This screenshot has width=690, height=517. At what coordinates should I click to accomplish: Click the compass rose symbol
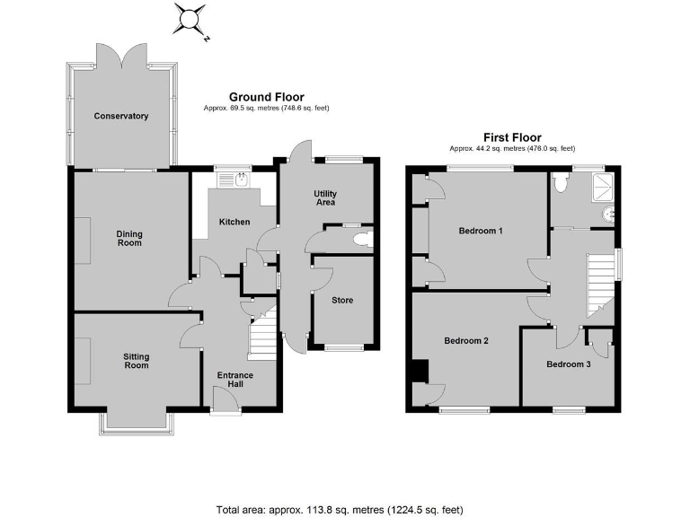click(x=190, y=18)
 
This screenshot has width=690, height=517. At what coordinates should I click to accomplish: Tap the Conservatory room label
click(x=121, y=116)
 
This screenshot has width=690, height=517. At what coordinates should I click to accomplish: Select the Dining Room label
click(x=129, y=239)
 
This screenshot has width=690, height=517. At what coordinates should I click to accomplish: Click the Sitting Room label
click(x=136, y=361)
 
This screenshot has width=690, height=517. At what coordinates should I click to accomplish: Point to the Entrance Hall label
click(x=235, y=380)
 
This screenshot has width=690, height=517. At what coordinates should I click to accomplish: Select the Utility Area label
click(x=325, y=197)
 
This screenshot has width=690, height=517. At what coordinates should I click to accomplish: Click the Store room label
click(x=342, y=300)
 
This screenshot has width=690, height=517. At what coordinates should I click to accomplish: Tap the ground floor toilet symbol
click(x=363, y=239)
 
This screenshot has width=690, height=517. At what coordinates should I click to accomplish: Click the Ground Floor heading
click(x=266, y=97)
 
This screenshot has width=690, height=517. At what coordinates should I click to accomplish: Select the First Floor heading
click(x=512, y=137)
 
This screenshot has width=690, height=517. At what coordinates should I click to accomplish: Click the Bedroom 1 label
click(x=481, y=231)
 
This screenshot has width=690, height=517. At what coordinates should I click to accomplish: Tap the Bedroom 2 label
click(x=466, y=341)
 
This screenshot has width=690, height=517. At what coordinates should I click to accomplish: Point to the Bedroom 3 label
click(x=569, y=364)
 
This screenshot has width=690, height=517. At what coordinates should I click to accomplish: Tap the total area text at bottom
click(x=340, y=510)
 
